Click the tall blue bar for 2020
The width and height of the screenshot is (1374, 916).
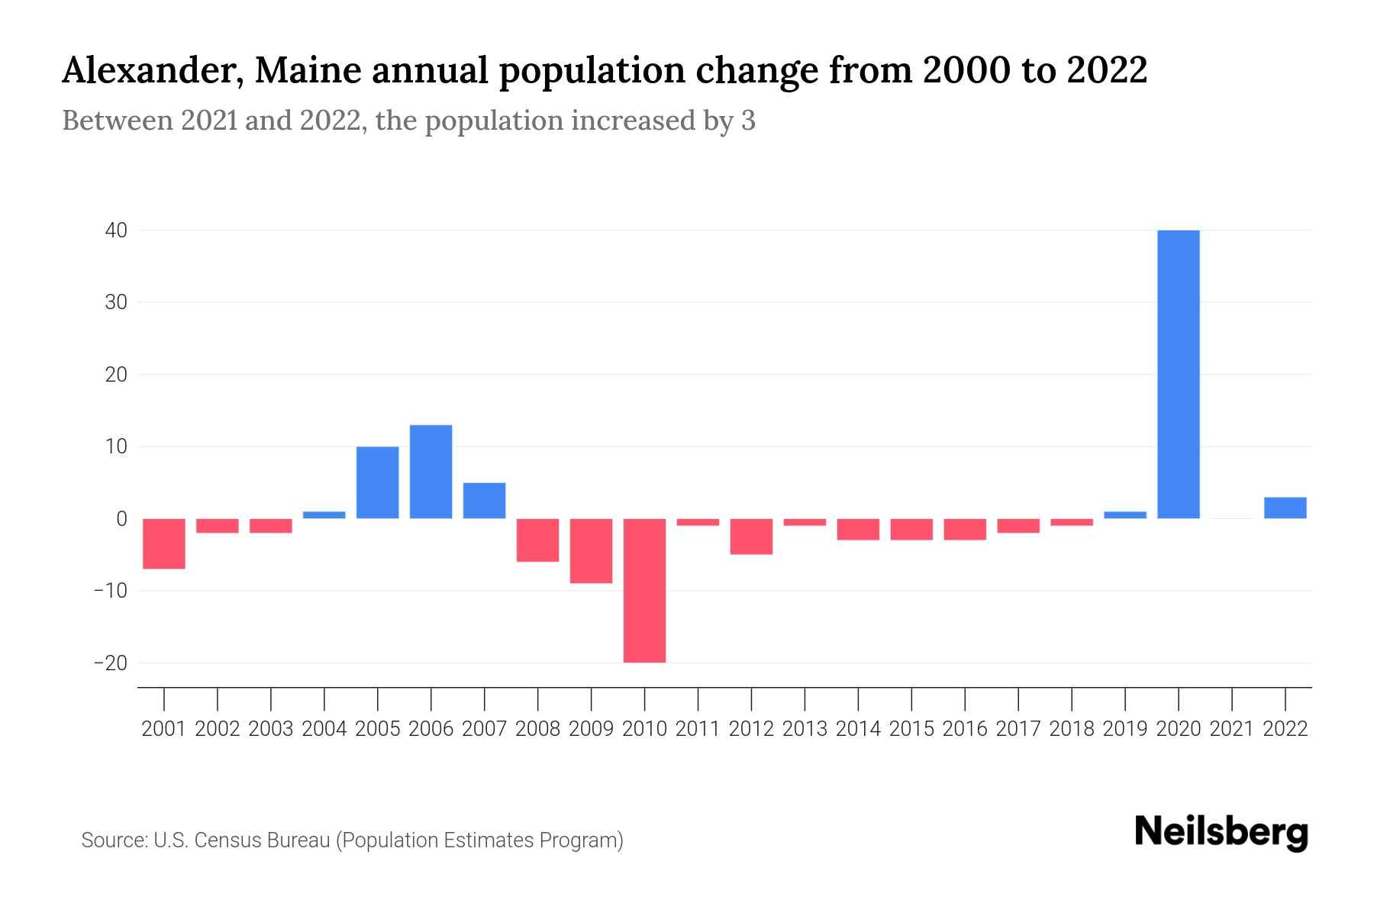point(1178,374)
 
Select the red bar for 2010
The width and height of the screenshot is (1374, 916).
point(644,590)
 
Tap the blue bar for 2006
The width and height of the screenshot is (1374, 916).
point(431,472)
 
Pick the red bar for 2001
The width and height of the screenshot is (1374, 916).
point(164,543)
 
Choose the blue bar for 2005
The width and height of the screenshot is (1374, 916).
point(377,482)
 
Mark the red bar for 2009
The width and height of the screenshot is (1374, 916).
point(591,550)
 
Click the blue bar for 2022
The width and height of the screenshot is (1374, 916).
point(1285,508)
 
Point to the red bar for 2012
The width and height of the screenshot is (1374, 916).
point(751,536)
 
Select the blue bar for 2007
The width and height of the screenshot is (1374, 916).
point(484,501)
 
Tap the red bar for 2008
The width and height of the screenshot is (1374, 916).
point(537,540)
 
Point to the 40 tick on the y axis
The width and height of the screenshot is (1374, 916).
point(116,231)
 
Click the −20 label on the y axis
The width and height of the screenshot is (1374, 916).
point(110,663)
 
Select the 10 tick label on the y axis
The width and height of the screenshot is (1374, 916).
point(116,447)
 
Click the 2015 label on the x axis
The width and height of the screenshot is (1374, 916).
point(911,729)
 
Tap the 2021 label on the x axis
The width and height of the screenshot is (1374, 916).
point(1231,729)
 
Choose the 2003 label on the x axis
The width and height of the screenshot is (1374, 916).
point(271,729)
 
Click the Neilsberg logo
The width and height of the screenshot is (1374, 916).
point(1221,832)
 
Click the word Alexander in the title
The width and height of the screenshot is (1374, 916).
point(150,71)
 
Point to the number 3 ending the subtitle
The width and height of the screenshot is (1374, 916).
point(748,121)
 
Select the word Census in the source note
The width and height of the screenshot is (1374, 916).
point(227,840)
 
